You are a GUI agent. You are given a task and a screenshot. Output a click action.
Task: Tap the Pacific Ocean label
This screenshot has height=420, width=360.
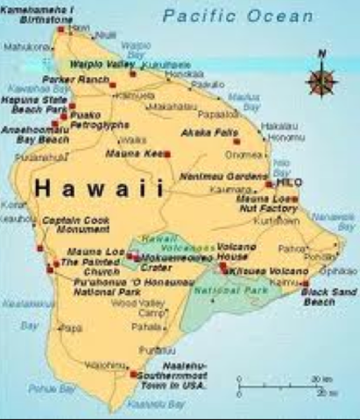pyautogui.click(x=237, y=17)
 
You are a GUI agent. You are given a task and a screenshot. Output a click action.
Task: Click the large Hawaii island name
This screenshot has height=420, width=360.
pyautogui.click(x=100, y=187)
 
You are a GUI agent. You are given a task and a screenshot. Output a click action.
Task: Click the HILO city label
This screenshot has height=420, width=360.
pyautogui.click(x=288, y=184)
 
